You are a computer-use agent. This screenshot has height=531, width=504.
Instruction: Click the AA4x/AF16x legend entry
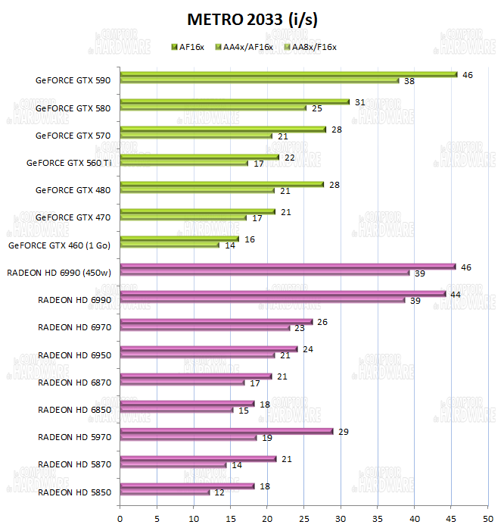244,47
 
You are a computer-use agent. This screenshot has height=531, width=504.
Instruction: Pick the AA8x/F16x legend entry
309,47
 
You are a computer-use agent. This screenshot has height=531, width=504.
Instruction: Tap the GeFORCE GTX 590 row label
73,80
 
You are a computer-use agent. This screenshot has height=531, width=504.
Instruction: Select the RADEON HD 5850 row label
74,492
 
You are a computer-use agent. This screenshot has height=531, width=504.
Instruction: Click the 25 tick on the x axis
303,519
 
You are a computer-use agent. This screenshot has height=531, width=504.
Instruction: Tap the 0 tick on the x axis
120,519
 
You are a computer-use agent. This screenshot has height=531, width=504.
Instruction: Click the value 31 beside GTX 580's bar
359,102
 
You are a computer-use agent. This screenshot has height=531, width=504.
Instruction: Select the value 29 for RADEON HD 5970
344,431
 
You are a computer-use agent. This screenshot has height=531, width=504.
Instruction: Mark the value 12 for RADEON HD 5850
219,493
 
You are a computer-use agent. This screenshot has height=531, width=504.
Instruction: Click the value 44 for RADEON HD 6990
456,294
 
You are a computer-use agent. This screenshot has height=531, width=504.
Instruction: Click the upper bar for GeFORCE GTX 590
288,74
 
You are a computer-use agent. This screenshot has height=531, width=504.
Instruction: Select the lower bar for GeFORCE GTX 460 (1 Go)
170,245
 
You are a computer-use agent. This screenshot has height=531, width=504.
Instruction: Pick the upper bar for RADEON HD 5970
226,431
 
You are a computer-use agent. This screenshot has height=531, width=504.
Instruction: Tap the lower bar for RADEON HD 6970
204,328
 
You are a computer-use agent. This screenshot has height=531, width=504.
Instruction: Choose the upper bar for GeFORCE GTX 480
222,184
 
